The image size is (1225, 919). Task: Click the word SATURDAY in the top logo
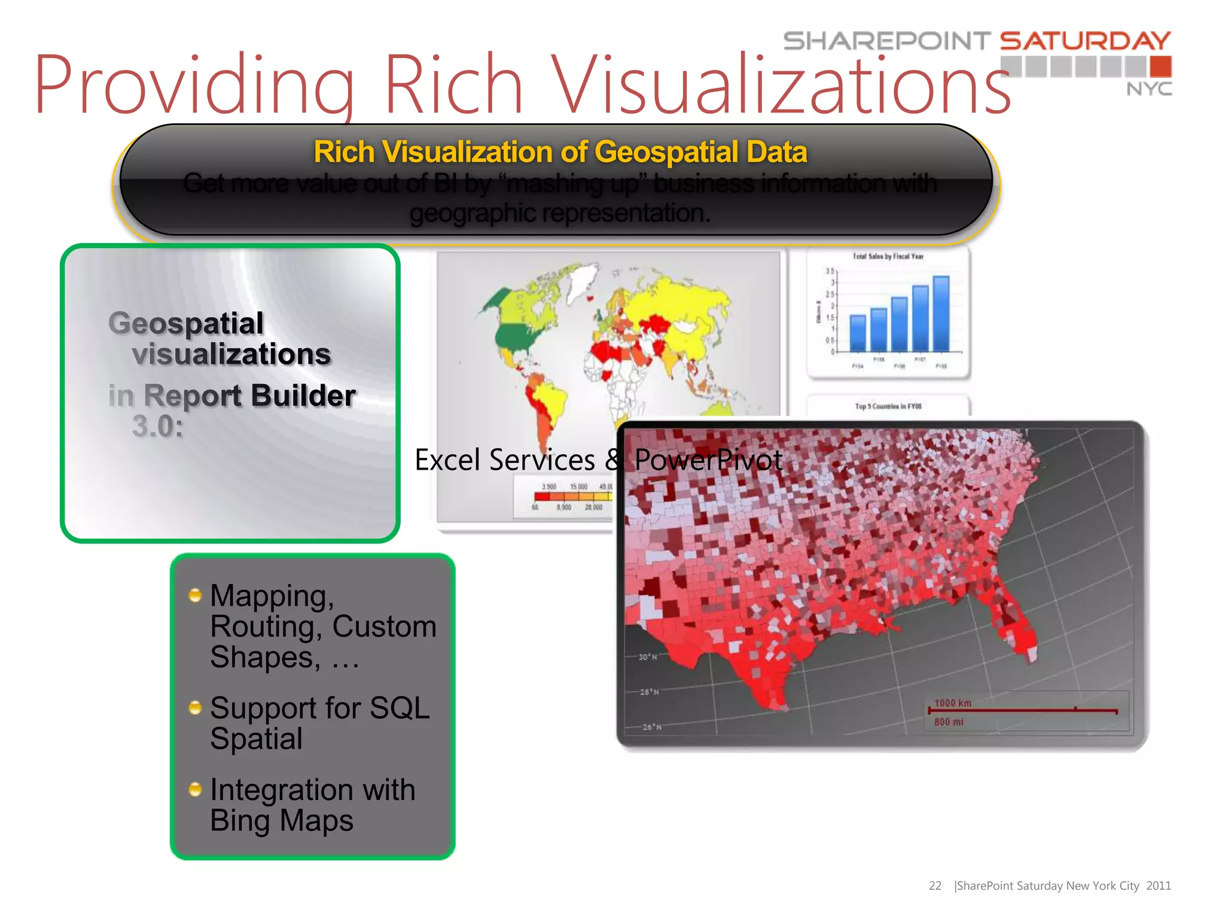click(1085, 41)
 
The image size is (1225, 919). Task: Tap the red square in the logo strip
click(1160, 66)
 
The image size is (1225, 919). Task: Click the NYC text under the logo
click(1149, 89)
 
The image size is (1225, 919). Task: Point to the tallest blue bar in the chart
click(941, 314)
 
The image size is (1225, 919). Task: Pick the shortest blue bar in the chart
click(858, 333)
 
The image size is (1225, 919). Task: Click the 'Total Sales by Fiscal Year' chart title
click(888, 257)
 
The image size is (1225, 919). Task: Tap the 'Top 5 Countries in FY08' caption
click(888, 406)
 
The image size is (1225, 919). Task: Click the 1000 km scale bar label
click(953, 703)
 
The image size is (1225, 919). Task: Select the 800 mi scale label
click(949, 722)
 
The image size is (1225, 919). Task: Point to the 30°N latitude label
click(648, 657)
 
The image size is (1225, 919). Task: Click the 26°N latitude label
click(651, 727)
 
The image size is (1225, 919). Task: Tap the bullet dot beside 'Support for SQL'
click(195, 708)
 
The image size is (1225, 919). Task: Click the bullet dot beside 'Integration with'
click(195, 789)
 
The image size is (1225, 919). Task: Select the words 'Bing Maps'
click(282, 820)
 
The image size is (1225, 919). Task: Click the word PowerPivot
click(708, 459)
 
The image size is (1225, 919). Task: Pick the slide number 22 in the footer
click(935, 885)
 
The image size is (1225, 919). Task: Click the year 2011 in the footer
click(1158, 885)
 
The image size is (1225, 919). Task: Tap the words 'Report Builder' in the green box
click(249, 395)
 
